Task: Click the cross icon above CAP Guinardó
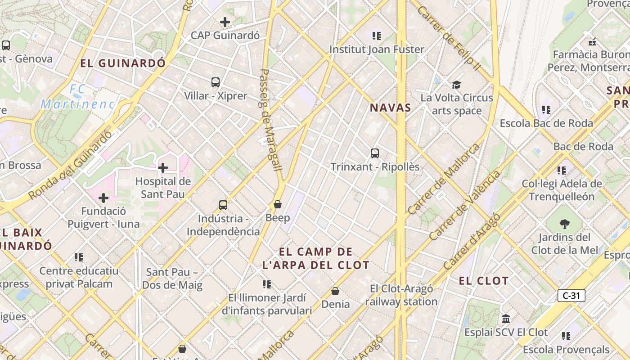point(225,22)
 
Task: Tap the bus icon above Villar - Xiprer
point(216,82)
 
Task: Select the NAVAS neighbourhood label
point(390,108)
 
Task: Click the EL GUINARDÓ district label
point(123,63)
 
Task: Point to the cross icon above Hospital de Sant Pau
point(163,168)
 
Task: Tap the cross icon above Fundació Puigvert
point(103,198)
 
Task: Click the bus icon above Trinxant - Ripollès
point(375,153)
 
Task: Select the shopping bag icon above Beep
point(278,204)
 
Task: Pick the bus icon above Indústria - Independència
point(223,205)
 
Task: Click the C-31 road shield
point(571,296)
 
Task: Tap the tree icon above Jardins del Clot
point(564,224)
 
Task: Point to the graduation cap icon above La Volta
point(457,84)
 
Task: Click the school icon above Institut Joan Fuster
point(377,36)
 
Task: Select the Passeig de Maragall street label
point(271,120)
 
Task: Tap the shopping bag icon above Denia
point(335,291)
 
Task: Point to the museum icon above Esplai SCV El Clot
point(506,319)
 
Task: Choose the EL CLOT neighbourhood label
point(483,281)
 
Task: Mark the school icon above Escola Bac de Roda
point(546,109)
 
